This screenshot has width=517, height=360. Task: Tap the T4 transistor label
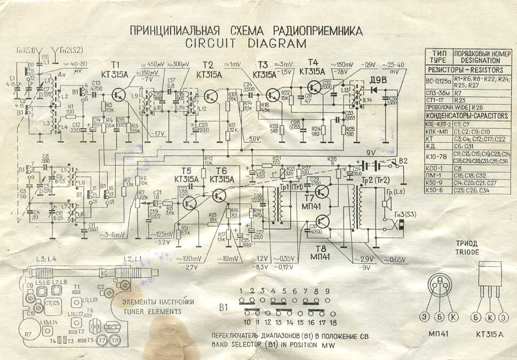click(313, 63)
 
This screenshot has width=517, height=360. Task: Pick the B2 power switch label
click(403, 161)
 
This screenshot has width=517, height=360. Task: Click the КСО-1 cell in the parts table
click(438, 168)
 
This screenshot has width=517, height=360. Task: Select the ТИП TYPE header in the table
click(438, 56)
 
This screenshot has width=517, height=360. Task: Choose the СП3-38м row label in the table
click(438, 91)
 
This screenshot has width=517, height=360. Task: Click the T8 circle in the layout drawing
click(115, 340)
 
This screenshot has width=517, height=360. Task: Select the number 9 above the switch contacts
click(326, 291)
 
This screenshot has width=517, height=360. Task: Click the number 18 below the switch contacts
click(326, 323)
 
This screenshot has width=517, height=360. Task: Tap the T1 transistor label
click(117, 64)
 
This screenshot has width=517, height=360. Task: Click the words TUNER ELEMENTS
click(152, 312)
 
